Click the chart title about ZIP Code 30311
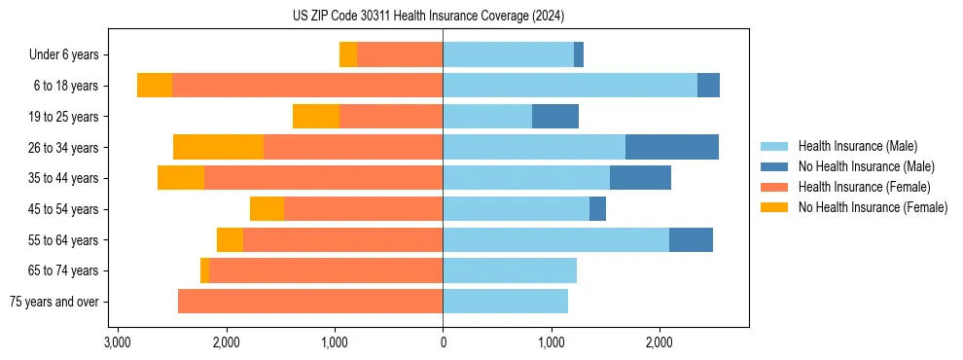coord(428,16)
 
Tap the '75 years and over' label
coord(54,302)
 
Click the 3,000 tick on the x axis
coord(117,342)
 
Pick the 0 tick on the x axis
coord(443,342)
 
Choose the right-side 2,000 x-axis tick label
coord(660,342)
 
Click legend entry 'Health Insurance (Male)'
coord(857,146)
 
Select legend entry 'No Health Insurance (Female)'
coord(873,207)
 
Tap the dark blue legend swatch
coord(774,166)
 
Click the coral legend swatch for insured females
coord(774,187)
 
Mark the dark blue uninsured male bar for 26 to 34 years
coord(672,147)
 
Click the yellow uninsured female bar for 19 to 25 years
coord(316,117)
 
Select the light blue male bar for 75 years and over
coord(505,302)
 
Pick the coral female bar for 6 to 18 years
coord(307,86)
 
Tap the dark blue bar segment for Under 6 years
coord(579,54)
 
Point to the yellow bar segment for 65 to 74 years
coord(204,270)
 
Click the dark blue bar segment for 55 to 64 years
coord(691,239)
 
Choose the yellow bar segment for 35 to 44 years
coord(181,178)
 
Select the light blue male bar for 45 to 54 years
coord(516,209)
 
